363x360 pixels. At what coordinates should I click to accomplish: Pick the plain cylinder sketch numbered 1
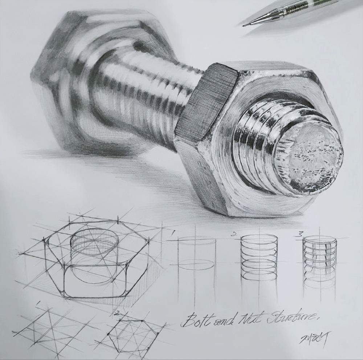click(x=197, y=254)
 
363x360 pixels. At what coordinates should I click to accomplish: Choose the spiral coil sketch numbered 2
click(x=259, y=256)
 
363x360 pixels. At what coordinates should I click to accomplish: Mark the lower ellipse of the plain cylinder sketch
click(x=197, y=264)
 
